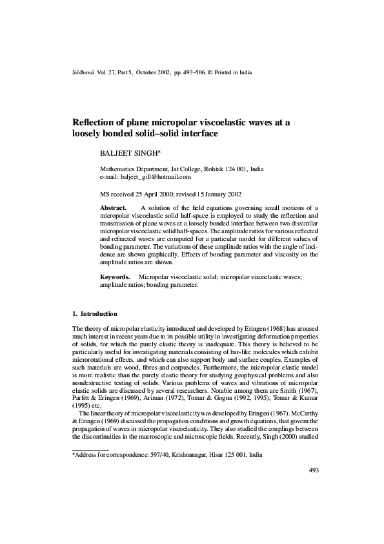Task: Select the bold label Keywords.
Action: [x=114, y=295]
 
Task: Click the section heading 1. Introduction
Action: [x=94, y=314]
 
